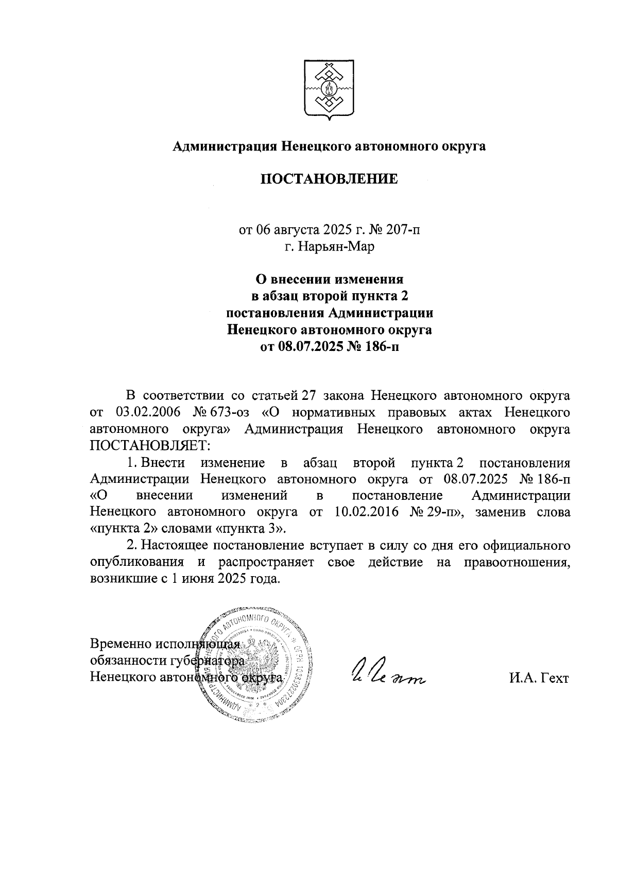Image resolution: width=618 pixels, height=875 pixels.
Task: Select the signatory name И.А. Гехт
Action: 538,678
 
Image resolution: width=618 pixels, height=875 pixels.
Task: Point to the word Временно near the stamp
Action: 121,644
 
